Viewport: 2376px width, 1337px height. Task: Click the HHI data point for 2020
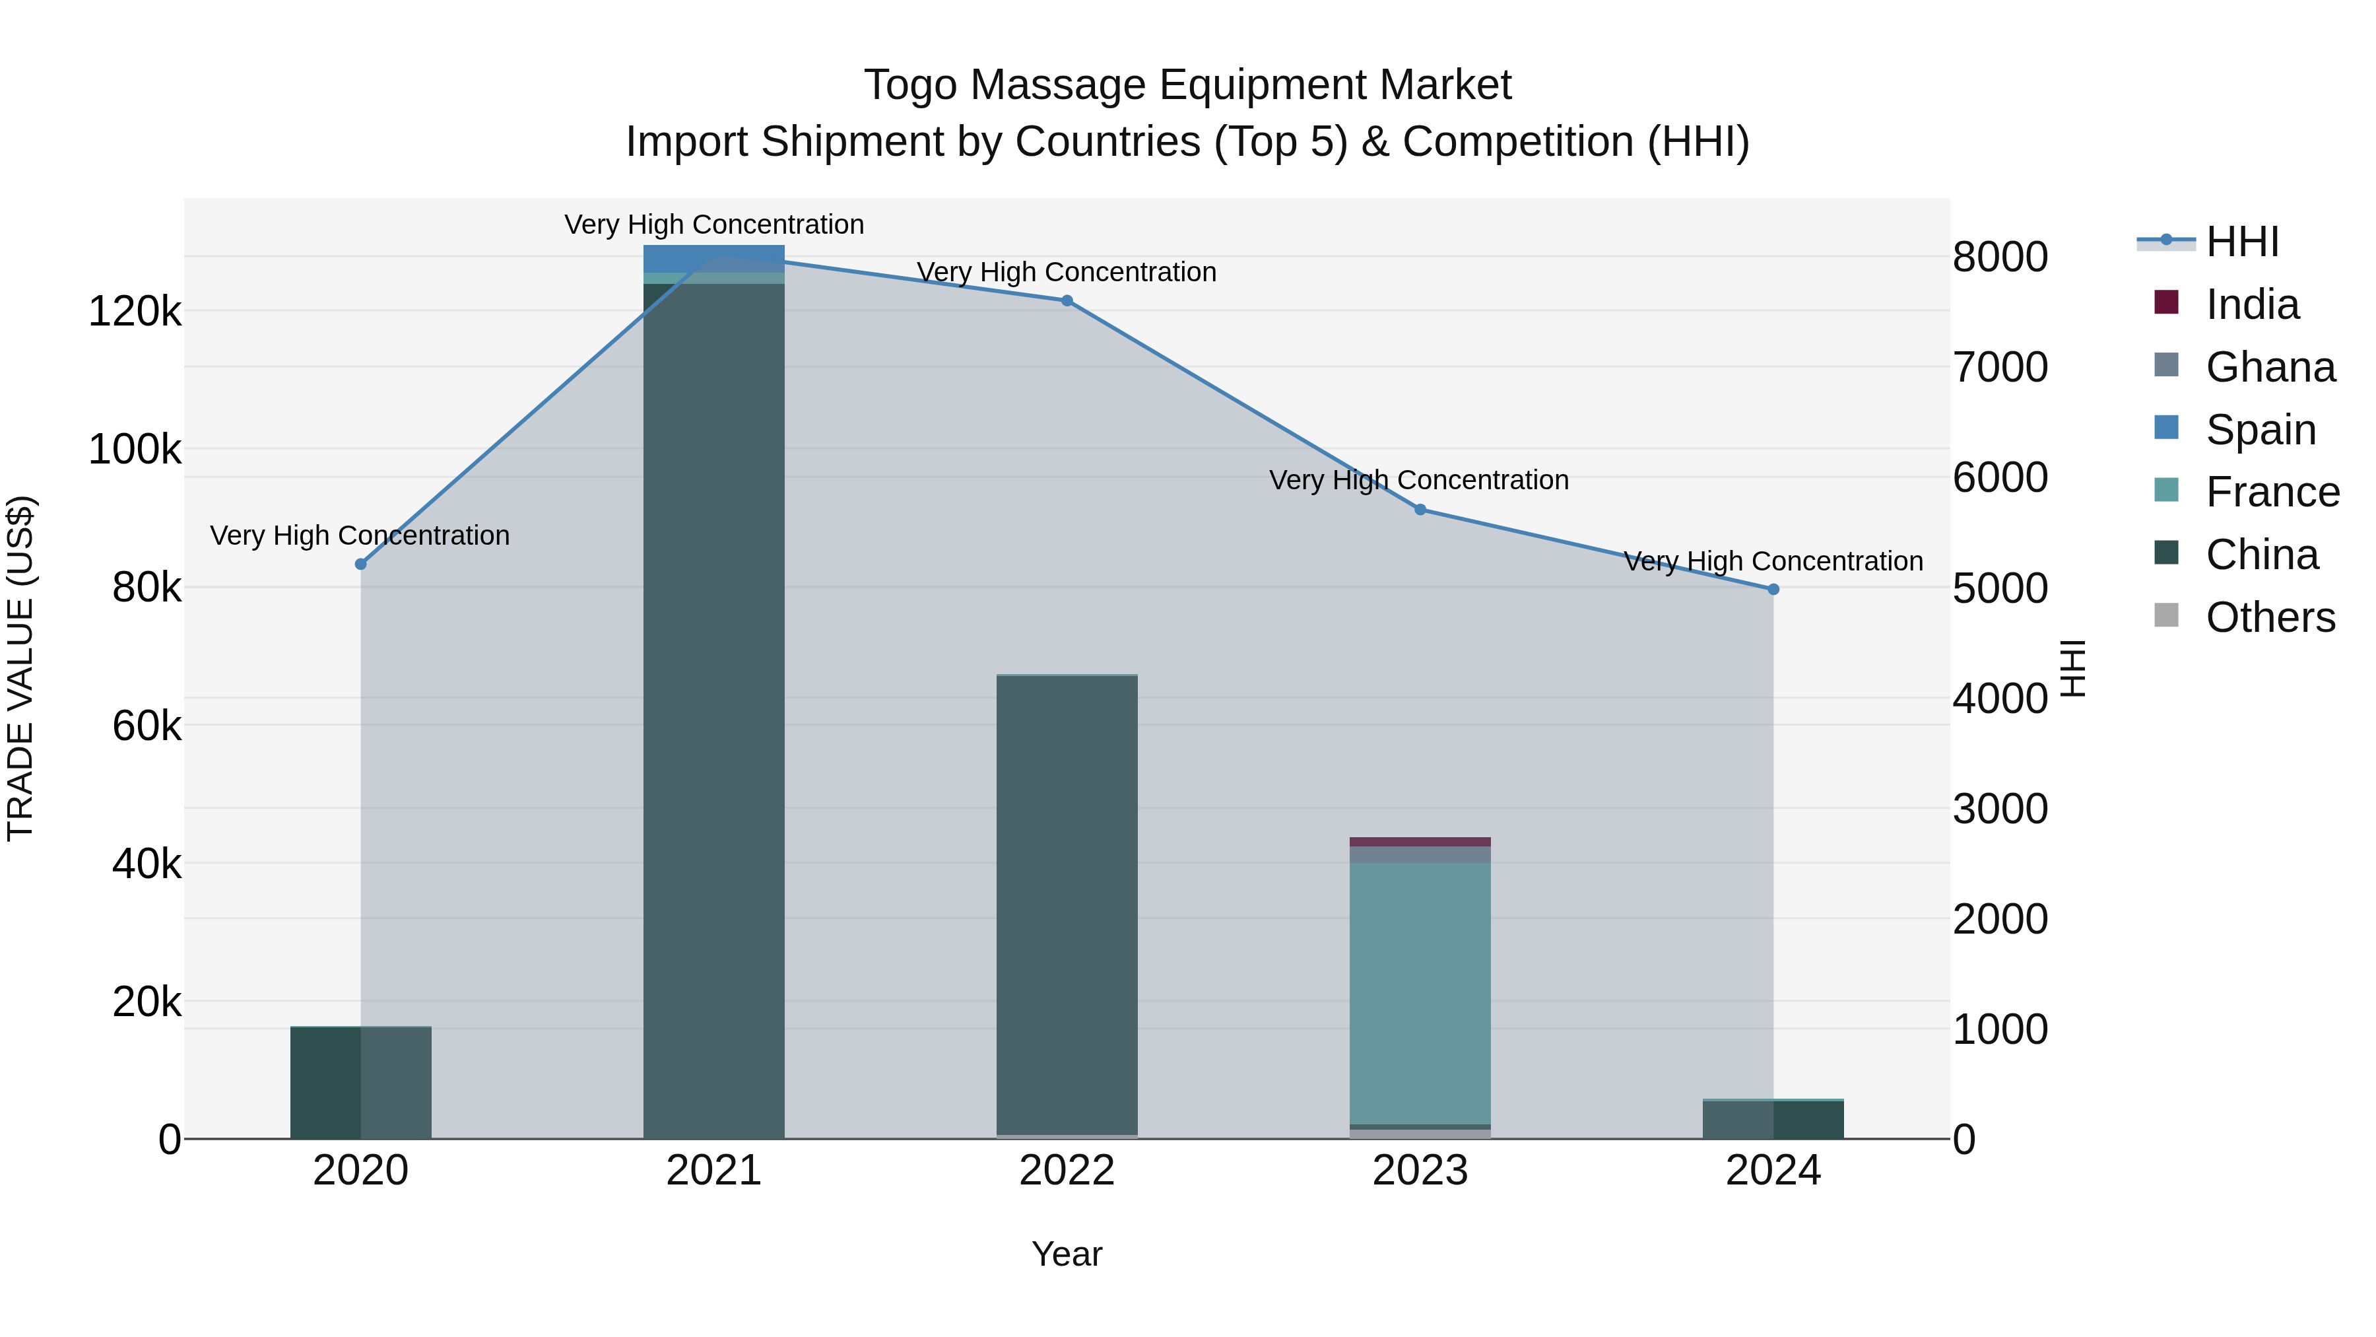(360, 564)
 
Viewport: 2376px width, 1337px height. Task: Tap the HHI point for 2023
(1420, 509)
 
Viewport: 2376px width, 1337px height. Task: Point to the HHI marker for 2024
(1773, 590)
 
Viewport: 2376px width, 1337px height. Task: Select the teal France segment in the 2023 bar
(1420, 992)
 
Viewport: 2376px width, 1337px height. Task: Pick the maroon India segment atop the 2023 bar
(1420, 842)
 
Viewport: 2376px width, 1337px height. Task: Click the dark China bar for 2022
(1067, 905)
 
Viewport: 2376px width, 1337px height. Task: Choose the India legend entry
(2251, 304)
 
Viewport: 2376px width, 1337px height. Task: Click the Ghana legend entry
(2269, 367)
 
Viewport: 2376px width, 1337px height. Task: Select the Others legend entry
(2269, 617)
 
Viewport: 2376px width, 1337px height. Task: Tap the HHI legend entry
(2241, 242)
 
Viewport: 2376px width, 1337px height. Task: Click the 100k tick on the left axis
(135, 450)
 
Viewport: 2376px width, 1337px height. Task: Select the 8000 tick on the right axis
(2000, 257)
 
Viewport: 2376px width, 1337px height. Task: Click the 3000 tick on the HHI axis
(2000, 809)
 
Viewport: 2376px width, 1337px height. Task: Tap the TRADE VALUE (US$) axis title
(20, 668)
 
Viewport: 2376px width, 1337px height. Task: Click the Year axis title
(1067, 1254)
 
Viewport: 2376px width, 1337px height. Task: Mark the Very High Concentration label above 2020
(360, 535)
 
